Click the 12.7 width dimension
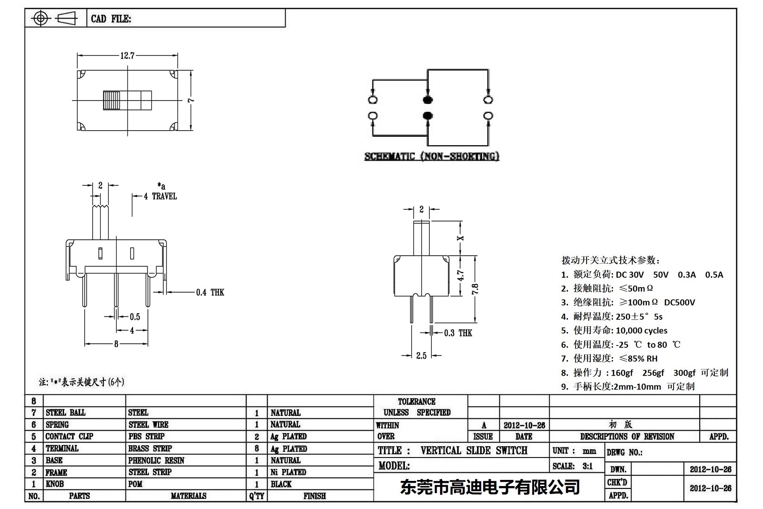point(127,56)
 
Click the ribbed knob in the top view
point(112,100)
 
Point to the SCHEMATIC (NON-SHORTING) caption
point(432,156)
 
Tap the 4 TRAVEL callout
point(160,196)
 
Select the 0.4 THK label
point(210,293)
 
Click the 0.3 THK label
point(458,333)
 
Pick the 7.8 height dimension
point(475,288)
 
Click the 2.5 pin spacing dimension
point(421,355)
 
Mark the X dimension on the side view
point(461,238)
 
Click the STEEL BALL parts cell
point(66,413)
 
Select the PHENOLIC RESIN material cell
point(156,460)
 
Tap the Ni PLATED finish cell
point(288,472)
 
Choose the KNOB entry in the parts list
point(55,484)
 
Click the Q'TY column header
point(257,496)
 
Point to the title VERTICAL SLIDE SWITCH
point(474,450)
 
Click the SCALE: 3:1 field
point(572,466)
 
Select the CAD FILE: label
point(111,19)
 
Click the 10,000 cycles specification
point(641,331)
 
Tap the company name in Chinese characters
point(490,487)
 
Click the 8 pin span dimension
point(116,344)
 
